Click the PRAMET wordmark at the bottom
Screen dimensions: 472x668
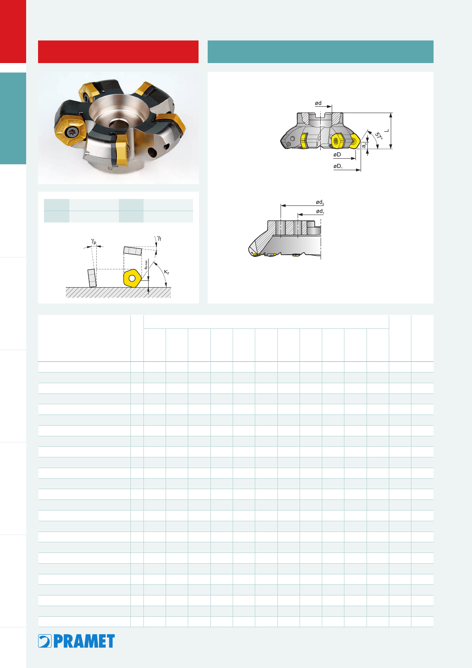(84, 641)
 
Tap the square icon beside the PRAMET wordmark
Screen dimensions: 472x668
(45, 641)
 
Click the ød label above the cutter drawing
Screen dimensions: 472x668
(318, 103)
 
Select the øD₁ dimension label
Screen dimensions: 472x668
(338, 166)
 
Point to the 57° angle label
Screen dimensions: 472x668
(378, 136)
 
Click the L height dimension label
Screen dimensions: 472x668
(386, 131)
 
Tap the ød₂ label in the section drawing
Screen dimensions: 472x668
(320, 202)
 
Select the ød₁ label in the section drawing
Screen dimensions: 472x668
(320, 211)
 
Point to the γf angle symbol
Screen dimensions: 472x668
(159, 238)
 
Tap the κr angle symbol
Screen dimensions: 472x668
(166, 272)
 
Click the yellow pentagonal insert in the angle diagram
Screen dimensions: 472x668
(132, 278)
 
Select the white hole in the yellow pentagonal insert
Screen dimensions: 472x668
(132, 278)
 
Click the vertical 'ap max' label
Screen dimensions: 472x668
(146, 265)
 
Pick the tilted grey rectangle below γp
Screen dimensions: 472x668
(92, 278)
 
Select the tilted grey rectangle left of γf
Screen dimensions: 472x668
(133, 251)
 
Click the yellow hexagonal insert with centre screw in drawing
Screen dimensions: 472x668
(338, 141)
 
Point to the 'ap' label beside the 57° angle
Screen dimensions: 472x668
(364, 145)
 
